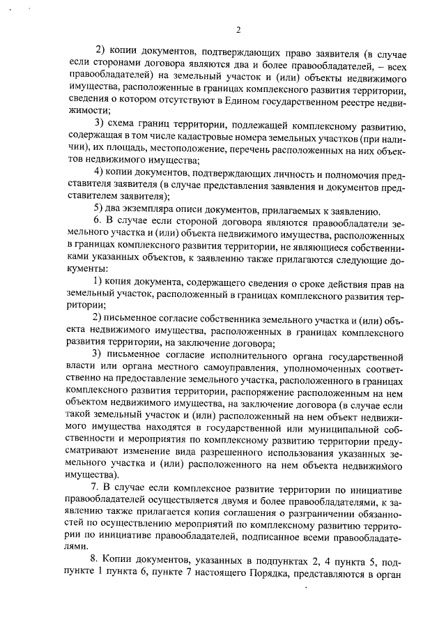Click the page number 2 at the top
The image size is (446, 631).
tap(238, 29)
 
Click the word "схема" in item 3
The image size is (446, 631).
tap(124, 124)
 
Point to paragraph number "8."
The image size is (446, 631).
tap(96, 560)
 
